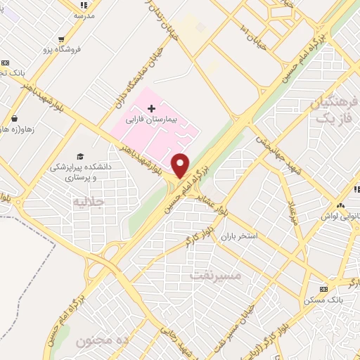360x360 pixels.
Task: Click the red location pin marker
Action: pyautogui.click(x=181, y=165)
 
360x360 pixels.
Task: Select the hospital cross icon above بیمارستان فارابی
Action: pyautogui.click(x=151, y=108)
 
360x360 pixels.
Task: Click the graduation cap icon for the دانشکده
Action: pyautogui.click(x=81, y=156)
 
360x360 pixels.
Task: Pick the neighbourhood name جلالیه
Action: pyautogui.click(x=89, y=202)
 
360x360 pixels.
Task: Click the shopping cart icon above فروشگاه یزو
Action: pyautogui.click(x=62, y=39)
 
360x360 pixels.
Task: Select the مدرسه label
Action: pyautogui.click(x=84, y=14)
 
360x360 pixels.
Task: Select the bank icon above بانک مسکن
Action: pyautogui.click(x=323, y=289)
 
